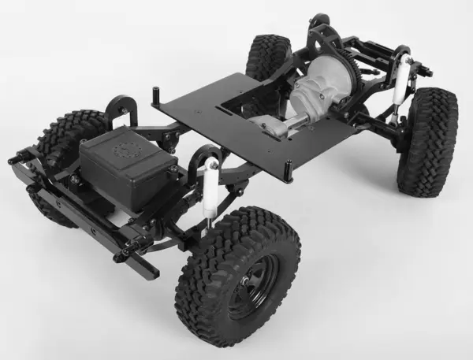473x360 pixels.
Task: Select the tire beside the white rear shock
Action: [427, 142]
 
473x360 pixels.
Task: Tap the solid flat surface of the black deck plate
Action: [205, 118]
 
